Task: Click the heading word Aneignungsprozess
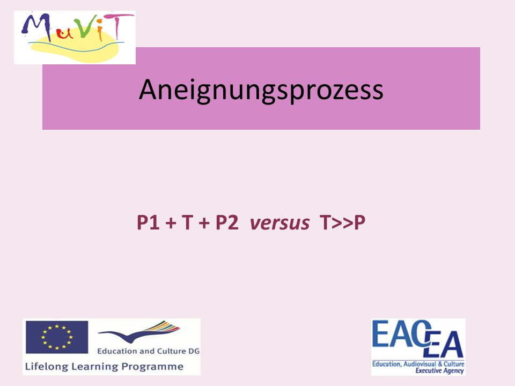261,90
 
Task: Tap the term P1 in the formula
148,222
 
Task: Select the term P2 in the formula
227,222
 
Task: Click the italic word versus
279,223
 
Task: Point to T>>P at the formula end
343,222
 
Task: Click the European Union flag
57,337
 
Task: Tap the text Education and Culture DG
149,351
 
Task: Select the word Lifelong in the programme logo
47,367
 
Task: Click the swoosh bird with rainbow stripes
139,331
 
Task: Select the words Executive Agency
439,371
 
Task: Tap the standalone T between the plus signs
187,222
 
